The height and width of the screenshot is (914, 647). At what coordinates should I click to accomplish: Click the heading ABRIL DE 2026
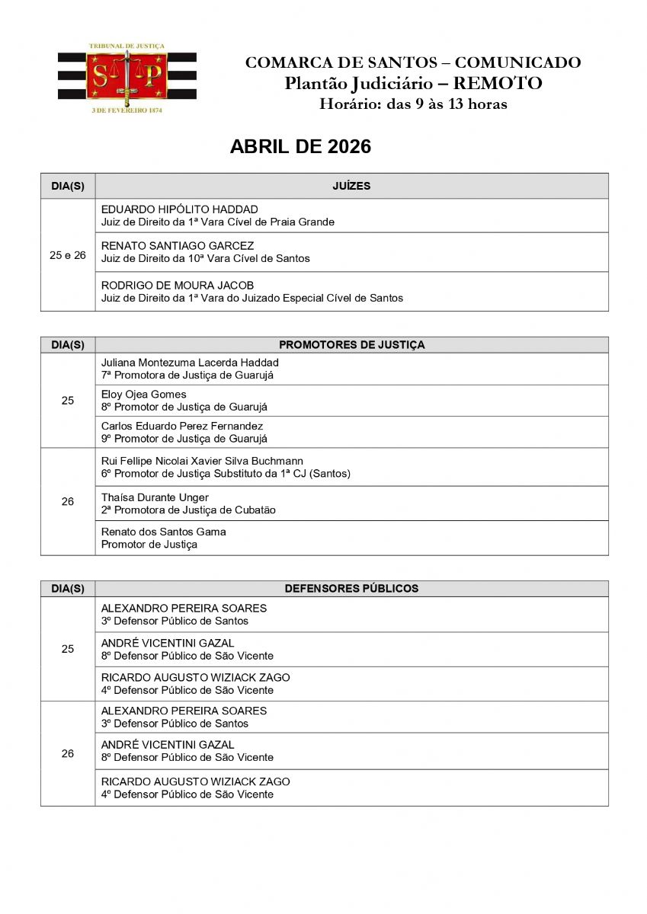(300, 147)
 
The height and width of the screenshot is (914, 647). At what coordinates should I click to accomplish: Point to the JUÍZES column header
(351, 186)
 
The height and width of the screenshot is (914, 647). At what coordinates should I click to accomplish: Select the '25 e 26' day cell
(68, 255)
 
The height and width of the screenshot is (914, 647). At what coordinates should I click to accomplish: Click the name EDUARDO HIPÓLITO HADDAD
(180, 209)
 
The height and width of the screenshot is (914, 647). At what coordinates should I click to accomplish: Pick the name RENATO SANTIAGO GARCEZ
(178, 246)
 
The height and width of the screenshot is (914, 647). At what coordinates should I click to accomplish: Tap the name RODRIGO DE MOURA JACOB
(178, 286)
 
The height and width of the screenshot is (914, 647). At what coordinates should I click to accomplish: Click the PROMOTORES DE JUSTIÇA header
(351, 345)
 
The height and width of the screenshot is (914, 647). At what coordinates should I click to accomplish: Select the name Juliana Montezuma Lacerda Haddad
(190, 363)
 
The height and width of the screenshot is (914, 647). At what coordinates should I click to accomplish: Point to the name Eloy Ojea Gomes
(144, 395)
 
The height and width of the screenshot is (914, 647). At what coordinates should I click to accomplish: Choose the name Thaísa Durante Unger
(155, 497)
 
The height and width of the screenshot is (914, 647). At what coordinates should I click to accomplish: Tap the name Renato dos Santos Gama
(164, 532)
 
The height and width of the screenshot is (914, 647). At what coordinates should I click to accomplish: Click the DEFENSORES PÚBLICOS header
(351, 589)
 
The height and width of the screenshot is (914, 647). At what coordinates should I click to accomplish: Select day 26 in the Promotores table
(68, 502)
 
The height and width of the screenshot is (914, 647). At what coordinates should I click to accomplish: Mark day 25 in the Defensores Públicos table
(68, 649)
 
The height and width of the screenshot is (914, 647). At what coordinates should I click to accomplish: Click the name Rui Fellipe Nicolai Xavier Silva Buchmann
(202, 461)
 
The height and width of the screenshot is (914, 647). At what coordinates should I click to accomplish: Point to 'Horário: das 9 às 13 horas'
(413, 104)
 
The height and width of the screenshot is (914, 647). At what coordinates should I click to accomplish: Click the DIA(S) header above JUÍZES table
(68, 186)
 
